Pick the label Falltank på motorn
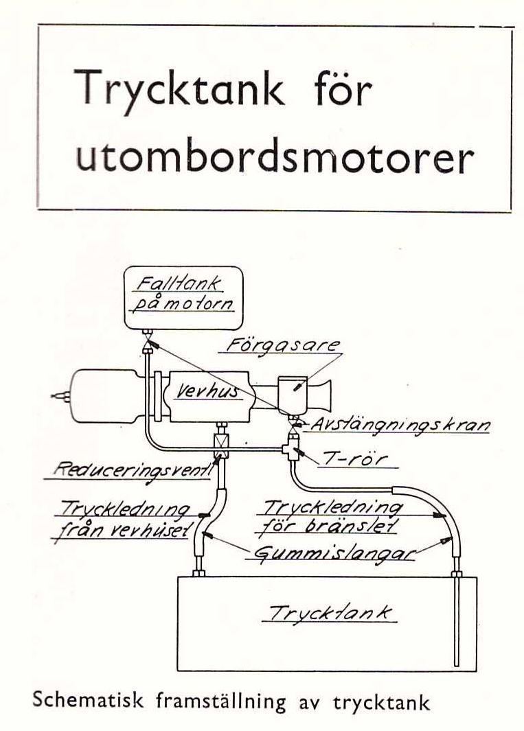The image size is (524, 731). (183, 294)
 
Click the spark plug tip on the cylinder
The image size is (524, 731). (58, 397)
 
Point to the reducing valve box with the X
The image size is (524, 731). (219, 447)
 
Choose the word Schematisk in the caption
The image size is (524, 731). (87, 701)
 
